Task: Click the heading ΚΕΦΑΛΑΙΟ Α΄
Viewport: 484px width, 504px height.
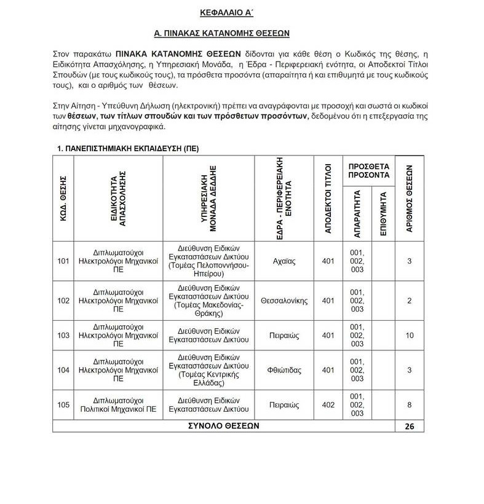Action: pyautogui.click(x=242, y=12)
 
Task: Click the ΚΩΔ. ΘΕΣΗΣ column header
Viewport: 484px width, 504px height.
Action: pyautogui.click(x=62, y=199)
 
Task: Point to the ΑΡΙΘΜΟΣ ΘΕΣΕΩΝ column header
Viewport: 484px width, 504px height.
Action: pyautogui.click(x=409, y=198)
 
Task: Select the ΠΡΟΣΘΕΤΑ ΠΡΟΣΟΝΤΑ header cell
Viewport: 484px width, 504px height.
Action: pyautogui.click(x=369, y=170)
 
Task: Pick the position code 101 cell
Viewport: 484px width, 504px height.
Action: pyautogui.click(x=63, y=261)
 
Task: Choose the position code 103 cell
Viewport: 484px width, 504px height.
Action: pyautogui.click(x=63, y=335)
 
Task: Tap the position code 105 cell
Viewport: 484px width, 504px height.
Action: pyautogui.click(x=63, y=405)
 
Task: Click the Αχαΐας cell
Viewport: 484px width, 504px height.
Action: pyautogui.click(x=284, y=261)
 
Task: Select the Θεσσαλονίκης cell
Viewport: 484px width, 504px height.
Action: pyautogui.click(x=284, y=301)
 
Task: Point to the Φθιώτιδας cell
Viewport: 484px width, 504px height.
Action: pyautogui.click(x=284, y=370)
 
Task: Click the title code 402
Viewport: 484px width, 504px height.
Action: pyautogui.click(x=328, y=405)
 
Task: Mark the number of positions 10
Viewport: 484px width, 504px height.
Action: pyautogui.click(x=410, y=335)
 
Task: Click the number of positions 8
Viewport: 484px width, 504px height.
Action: pyautogui.click(x=410, y=405)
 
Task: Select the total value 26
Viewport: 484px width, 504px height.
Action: pyautogui.click(x=410, y=426)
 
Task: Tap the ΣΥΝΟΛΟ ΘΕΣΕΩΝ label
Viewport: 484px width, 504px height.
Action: pyautogui.click(x=224, y=426)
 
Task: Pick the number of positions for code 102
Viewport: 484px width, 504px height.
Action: pyautogui.click(x=410, y=301)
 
